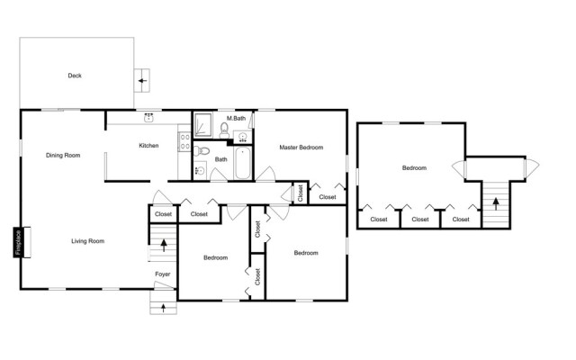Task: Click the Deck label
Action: tap(75, 76)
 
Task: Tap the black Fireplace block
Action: tap(18, 243)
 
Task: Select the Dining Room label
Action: tap(63, 156)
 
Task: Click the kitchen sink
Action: tap(148, 118)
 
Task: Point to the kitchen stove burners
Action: tap(185, 142)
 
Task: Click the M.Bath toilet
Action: tap(224, 130)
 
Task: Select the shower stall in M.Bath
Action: tap(202, 125)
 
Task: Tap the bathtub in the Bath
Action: tap(242, 164)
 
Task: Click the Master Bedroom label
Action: tap(301, 148)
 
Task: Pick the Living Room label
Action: tap(88, 241)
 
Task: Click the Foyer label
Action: tap(162, 274)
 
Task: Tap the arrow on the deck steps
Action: tap(142, 81)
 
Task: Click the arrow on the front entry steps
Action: tap(164, 308)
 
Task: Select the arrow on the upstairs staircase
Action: tap(496, 204)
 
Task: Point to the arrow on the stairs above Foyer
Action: tap(164, 245)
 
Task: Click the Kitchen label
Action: tap(148, 146)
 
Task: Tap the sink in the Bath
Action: tap(201, 170)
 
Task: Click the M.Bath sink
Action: tap(242, 137)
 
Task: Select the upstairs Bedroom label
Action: tap(414, 168)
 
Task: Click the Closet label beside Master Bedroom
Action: tap(328, 197)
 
